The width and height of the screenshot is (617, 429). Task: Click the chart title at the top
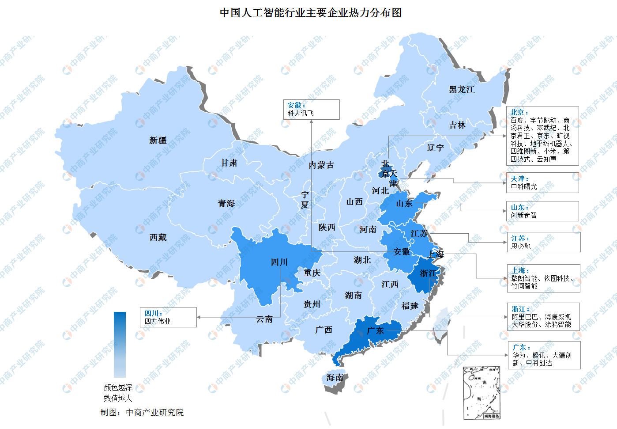311,13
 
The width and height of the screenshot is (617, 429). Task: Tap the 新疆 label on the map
158,140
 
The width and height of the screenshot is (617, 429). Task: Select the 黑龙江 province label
462,90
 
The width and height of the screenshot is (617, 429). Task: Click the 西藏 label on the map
158,238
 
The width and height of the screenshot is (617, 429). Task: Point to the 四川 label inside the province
279,262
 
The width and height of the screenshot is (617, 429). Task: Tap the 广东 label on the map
375,330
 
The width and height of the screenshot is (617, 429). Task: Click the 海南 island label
335,378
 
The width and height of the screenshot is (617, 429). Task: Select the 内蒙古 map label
321,165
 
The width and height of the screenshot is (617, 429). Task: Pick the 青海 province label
226,204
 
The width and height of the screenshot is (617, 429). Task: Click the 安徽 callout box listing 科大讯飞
311,110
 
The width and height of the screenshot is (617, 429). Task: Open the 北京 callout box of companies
542,136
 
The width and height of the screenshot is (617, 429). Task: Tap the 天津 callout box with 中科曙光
542,182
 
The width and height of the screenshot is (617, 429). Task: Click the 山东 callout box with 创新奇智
542,211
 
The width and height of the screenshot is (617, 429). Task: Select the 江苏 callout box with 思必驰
543,242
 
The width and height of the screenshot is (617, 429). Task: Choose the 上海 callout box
543,278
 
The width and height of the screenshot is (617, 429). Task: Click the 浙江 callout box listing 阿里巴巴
543,317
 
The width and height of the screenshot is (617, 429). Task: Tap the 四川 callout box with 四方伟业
168,317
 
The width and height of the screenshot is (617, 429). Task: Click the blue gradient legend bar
120,345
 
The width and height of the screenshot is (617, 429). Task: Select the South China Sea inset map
482,393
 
